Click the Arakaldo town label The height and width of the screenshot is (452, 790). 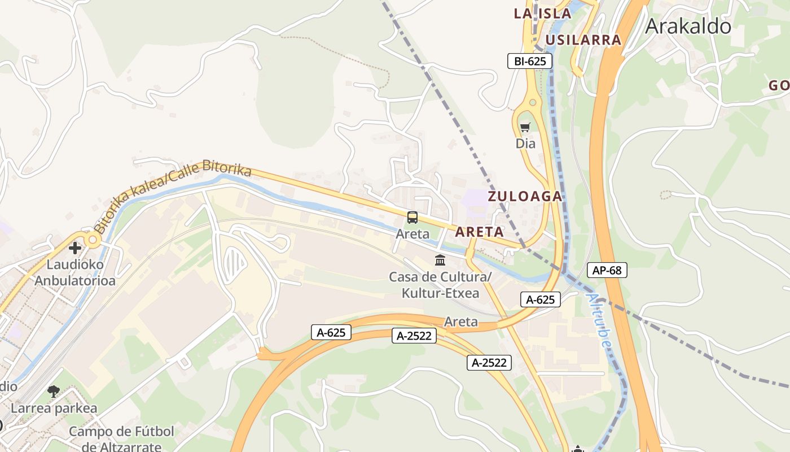[x=688, y=26]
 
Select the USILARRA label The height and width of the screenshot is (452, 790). [x=583, y=40]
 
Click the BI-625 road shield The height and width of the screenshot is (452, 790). [x=529, y=61]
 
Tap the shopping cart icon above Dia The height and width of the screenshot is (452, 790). [x=525, y=127]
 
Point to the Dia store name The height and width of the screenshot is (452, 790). [x=525, y=144]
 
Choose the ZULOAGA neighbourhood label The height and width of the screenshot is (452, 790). [x=525, y=197]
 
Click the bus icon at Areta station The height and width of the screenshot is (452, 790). [x=412, y=218]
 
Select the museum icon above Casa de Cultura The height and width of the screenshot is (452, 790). [x=440, y=260]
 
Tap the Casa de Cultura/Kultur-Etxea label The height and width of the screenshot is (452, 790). [x=440, y=285]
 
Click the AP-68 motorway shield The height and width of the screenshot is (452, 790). [x=607, y=271]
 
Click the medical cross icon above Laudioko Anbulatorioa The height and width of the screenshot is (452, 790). [x=74, y=247]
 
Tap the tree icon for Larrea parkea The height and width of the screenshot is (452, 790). [x=54, y=391]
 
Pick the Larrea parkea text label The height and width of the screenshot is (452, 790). [x=54, y=408]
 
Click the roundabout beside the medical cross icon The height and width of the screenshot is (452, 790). [x=93, y=240]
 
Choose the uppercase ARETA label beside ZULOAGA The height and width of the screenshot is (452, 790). [x=479, y=232]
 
